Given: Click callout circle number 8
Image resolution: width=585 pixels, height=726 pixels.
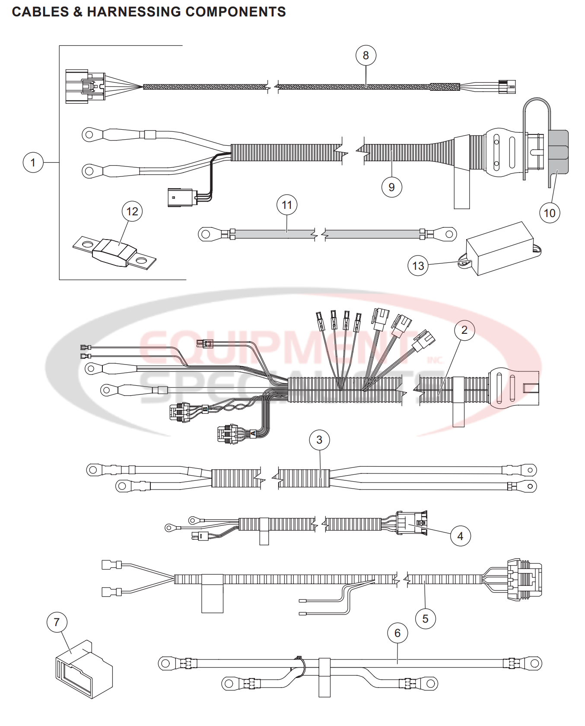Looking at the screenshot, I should click(x=366, y=55).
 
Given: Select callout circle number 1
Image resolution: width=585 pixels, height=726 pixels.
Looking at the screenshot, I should click(x=33, y=163).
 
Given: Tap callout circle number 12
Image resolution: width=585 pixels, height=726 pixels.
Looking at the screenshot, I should click(x=132, y=211).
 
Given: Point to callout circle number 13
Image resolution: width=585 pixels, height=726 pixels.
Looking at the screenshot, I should click(x=418, y=265).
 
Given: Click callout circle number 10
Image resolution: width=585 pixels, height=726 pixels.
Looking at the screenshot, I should click(x=549, y=213).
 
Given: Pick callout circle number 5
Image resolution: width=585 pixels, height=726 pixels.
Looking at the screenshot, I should click(x=425, y=619).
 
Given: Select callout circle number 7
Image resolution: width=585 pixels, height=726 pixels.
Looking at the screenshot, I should click(x=57, y=622).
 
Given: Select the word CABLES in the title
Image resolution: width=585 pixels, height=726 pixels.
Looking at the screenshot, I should click(x=40, y=12).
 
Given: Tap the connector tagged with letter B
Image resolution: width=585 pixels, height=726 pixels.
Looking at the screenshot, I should click(x=180, y=412).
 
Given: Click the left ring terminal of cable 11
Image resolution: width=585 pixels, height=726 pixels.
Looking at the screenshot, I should click(x=206, y=235).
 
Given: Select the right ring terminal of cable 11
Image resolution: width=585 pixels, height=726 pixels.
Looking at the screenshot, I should click(x=448, y=234).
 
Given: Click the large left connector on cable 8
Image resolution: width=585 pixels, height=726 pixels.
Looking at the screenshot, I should click(x=84, y=86).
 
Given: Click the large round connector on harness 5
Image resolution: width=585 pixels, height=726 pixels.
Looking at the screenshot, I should click(x=524, y=579).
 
